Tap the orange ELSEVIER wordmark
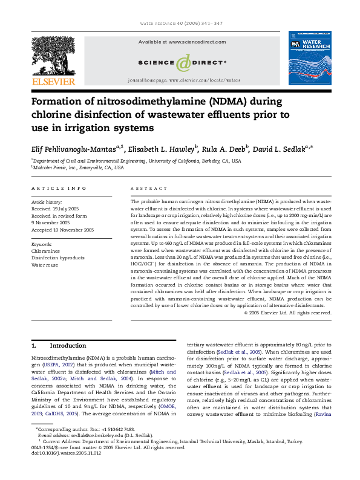coord(53,82)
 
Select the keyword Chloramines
coord(45,250)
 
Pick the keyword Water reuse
coord(45,265)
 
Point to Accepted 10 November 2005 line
coord(62,230)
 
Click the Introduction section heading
coord(68,346)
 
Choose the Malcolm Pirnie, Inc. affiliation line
coord(78,168)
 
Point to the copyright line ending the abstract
coord(287,313)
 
